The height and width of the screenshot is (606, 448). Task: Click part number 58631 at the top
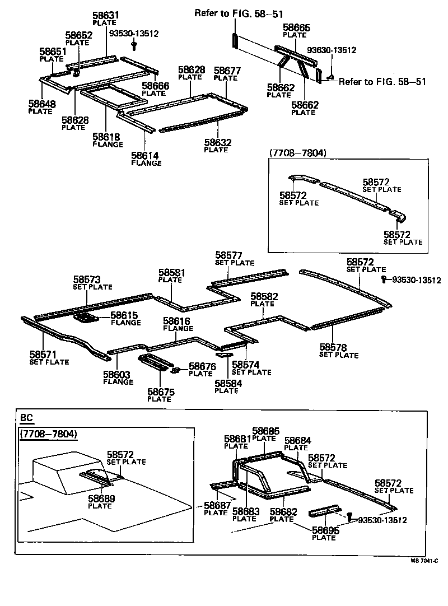coord(106,15)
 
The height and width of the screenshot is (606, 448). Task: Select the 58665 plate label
coord(296,27)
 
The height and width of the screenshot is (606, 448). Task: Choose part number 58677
coord(227,71)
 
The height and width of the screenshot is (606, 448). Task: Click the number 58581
coord(171,273)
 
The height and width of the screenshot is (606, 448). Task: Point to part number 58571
coord(43,355)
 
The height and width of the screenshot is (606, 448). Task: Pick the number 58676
coord(202,366)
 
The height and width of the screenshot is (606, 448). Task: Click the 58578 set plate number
coord(333,347)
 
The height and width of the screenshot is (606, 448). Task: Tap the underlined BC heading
coord(26,418)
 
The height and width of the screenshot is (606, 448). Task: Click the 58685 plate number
coord(265,431)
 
